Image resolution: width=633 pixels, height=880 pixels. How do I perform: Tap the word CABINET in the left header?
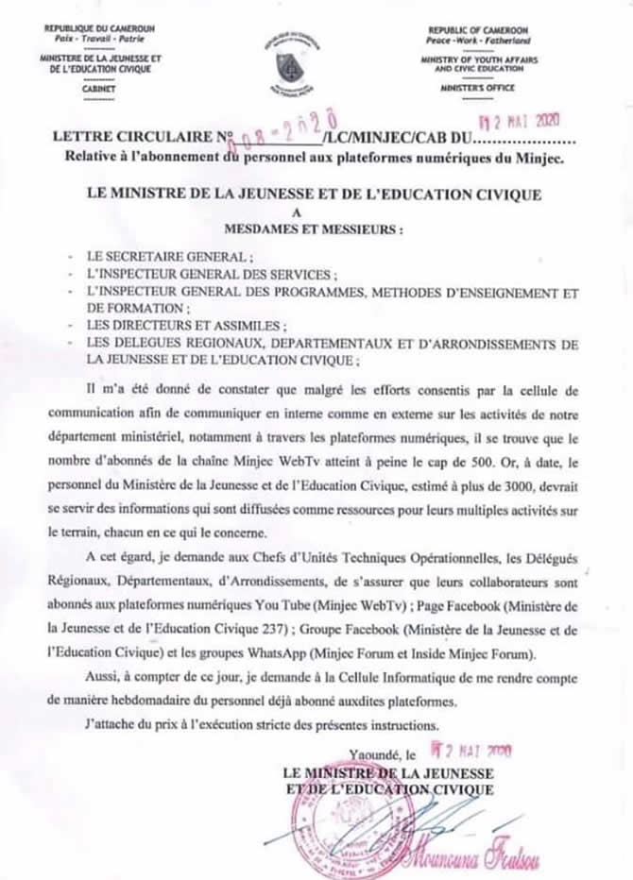coord(102,87)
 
